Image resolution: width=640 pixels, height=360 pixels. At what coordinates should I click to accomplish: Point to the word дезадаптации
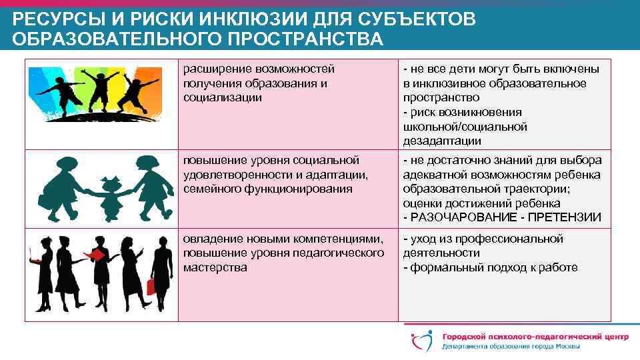coord(442,141)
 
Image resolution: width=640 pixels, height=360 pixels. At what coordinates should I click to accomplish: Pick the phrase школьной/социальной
coord(465,126)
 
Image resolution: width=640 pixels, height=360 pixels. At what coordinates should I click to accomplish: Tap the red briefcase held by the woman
coord(150,287)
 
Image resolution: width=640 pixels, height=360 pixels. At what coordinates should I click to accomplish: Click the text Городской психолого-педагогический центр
coord(533,336)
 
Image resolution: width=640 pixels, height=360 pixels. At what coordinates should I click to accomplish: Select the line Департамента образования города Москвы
coord(510,347)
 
